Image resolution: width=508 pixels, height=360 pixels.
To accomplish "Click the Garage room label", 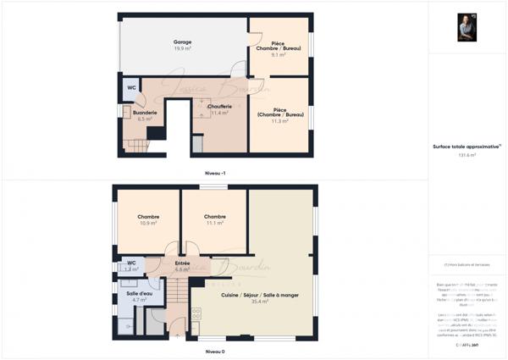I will (182, 42).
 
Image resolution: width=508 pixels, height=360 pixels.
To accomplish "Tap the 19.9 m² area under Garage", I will (182, 48).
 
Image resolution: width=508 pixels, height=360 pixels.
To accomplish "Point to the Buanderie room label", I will (145, 113).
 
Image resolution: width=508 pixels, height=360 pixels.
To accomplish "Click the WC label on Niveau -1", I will (131, 87).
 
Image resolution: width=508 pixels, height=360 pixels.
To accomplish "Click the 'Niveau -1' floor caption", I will (215, 173).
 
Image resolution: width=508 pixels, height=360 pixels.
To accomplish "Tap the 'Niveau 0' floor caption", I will (215, 351).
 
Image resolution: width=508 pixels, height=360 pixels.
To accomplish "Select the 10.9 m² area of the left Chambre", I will (148, 223).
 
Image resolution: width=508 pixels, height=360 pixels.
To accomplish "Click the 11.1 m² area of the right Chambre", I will (214, 223).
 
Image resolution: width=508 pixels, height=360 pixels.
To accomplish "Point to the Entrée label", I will (182, 263).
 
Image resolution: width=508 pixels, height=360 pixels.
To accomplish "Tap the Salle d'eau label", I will (140, 293).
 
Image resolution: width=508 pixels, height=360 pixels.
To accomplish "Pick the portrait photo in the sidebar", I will (467, 27).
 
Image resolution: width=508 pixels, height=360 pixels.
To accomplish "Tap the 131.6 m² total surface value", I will (467, 155).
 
